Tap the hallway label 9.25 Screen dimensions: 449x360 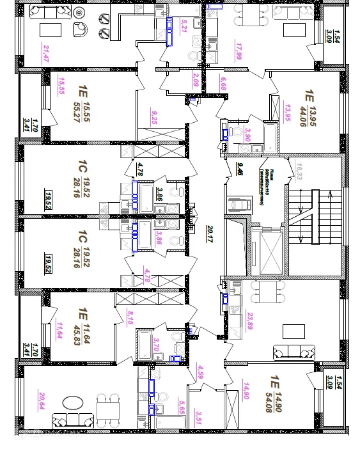tap(153, 116)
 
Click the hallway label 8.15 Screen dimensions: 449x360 tap(130, 318)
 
